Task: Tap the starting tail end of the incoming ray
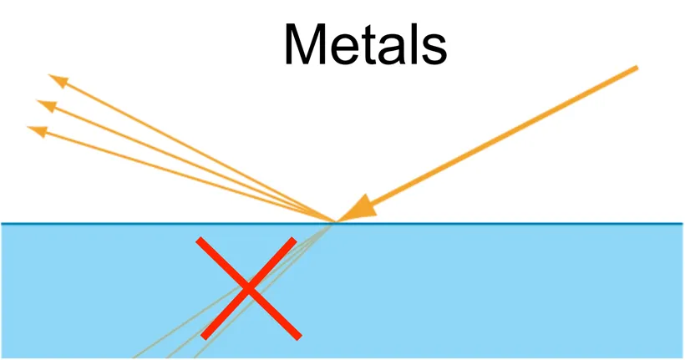[x=637, y=68]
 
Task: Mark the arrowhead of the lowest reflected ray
[x=36, y=129]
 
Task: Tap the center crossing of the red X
[x=248, y=288]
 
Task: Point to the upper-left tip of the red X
[x=199, y=241]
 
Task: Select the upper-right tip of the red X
[x=293, y=240]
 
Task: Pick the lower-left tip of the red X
[x=203, y=337]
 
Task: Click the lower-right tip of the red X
[x=298, y=337]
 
